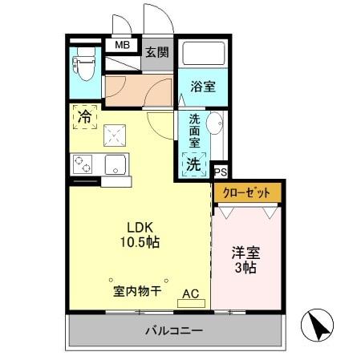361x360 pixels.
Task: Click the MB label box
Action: click(x=122, y=46)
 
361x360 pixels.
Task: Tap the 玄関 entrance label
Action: click(x=157, y=53)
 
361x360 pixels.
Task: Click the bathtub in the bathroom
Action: click(x=201, y=55)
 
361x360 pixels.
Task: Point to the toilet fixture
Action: click(x=83, y=63)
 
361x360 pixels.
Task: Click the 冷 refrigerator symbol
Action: click(x=84, y=115)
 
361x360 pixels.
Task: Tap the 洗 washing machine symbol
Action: click(x=193, y=164)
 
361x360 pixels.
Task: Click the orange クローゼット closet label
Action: click(x=247, y=193)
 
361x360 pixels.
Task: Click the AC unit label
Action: click(x=190, y=293)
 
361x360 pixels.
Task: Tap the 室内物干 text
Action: click(x=137, y=290)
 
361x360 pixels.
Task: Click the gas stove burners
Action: click(x=83, y=165)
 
